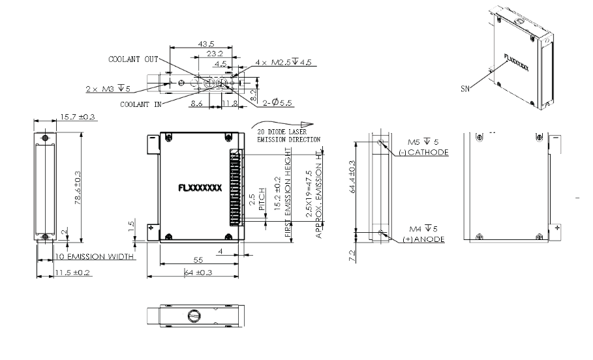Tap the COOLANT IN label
[142, 103]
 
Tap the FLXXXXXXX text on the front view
[200, 188]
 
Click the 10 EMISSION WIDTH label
[95, 256]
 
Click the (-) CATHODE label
[422, 152]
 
